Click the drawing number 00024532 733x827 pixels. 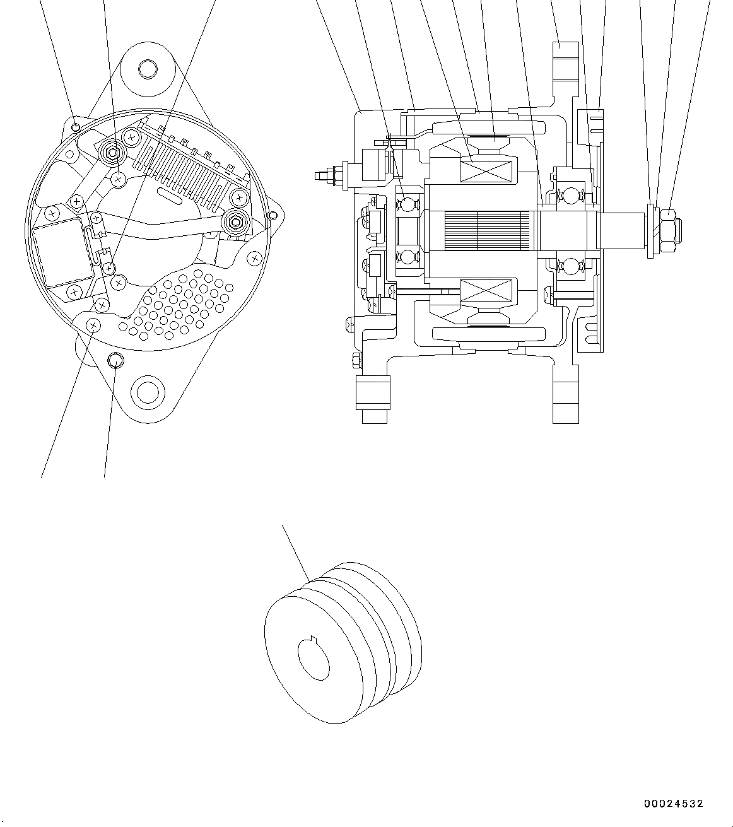[673, 804]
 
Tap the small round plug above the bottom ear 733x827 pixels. [115, 360]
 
